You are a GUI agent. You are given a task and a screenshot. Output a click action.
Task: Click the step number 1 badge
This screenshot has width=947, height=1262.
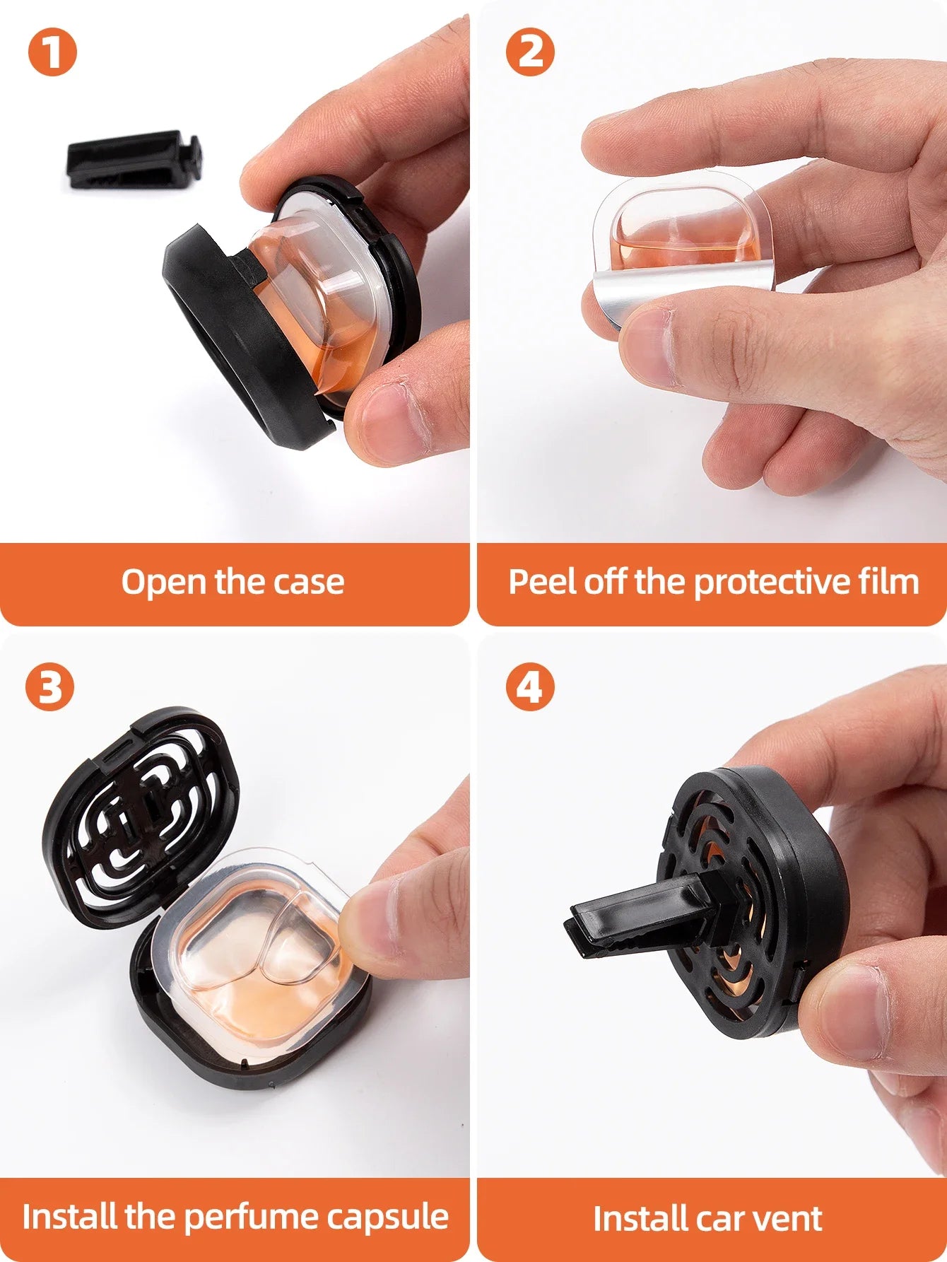point(52,52)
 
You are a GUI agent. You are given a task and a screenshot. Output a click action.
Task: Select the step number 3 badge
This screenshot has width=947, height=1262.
point(49,686)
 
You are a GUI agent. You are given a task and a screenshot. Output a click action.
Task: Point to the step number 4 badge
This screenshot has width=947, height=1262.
point(530,686)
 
